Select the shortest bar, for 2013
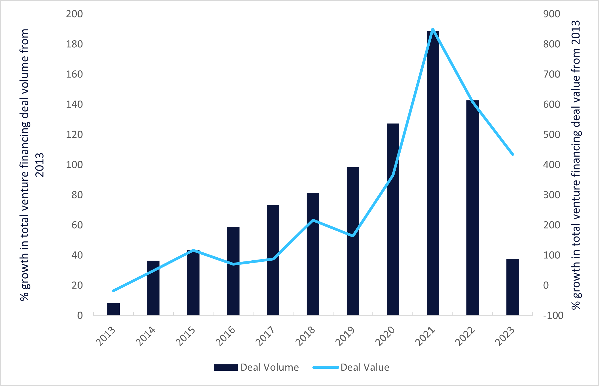(113, 309)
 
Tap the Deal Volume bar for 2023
(512, 287)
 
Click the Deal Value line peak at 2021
(433, 29)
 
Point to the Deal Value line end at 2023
(512, 154)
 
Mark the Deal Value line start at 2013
(113, 290)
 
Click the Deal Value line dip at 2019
(353, 236)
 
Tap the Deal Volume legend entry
(256, 367)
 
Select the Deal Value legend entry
(351, 367)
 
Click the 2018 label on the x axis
(305, 336)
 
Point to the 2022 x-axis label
(465, 336)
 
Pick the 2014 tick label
(145, 336)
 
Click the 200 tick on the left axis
(74, 14)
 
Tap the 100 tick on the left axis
(74, 165)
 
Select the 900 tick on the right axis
(552, 14)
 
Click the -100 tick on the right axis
(553, 315)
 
